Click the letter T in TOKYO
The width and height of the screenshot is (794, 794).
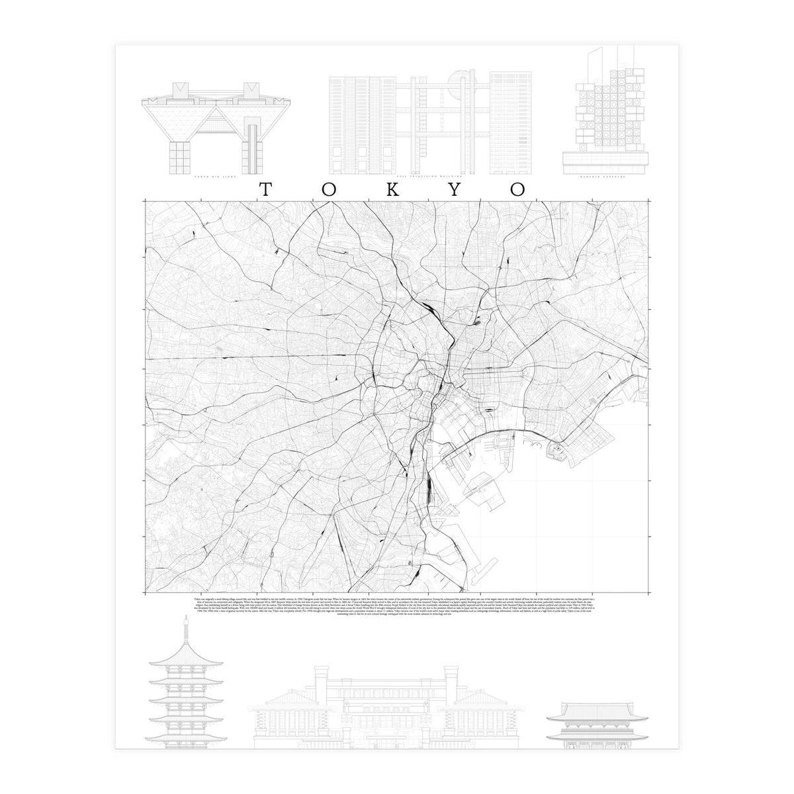click(x=265, y=189)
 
